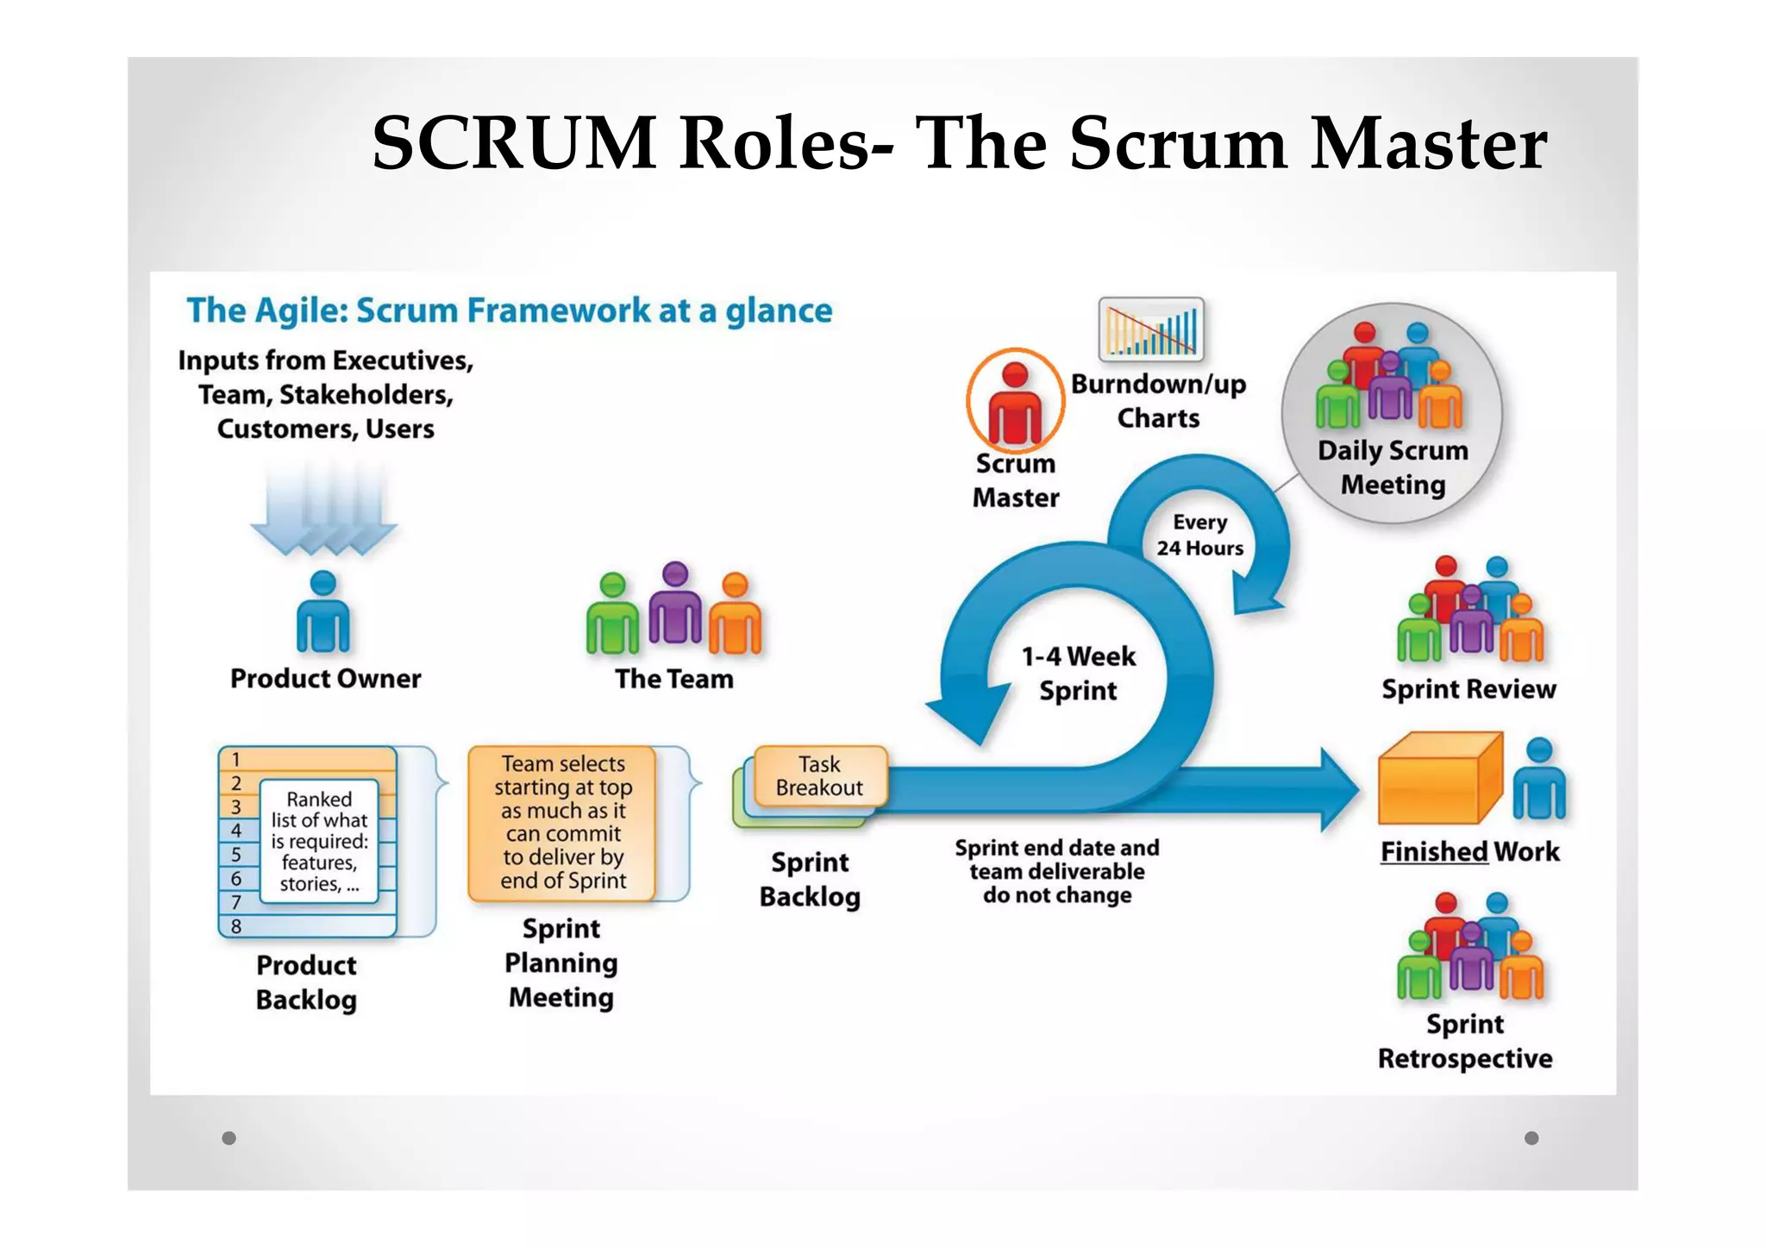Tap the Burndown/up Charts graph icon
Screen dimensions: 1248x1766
1150,329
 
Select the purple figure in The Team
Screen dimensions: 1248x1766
675,604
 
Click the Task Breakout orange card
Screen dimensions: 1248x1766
819,775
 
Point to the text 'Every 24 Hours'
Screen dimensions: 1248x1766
1199,535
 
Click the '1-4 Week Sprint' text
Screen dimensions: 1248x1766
1078,673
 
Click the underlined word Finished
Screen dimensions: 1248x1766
1433,851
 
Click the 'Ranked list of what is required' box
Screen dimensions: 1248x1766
319,841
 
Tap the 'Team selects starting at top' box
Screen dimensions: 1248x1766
563,822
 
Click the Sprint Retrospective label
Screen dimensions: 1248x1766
1464,1041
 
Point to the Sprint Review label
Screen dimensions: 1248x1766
1469,689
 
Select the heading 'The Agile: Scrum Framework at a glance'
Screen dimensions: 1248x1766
509,310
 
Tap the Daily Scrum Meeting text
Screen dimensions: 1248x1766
1393,467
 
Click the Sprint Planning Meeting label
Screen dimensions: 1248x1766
561,963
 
